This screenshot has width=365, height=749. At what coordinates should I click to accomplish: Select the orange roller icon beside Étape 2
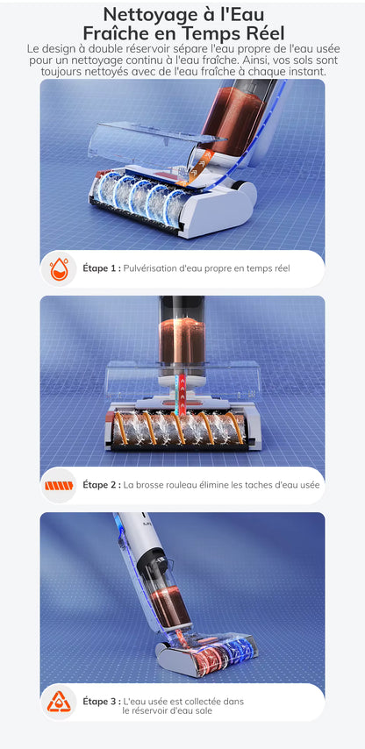[59, 486]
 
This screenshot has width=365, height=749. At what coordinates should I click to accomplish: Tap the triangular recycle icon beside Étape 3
[58, 702]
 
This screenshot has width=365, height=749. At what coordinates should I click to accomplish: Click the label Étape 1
[102, 268]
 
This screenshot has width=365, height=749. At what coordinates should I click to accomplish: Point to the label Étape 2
[102, 485]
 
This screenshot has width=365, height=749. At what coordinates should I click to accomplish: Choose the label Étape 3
[102, 702]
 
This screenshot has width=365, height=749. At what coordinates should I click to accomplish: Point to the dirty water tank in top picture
[233, 120]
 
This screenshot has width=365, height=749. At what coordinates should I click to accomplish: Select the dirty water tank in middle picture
[182, 340]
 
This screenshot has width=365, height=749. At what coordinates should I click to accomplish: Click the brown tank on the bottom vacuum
[170, 608]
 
